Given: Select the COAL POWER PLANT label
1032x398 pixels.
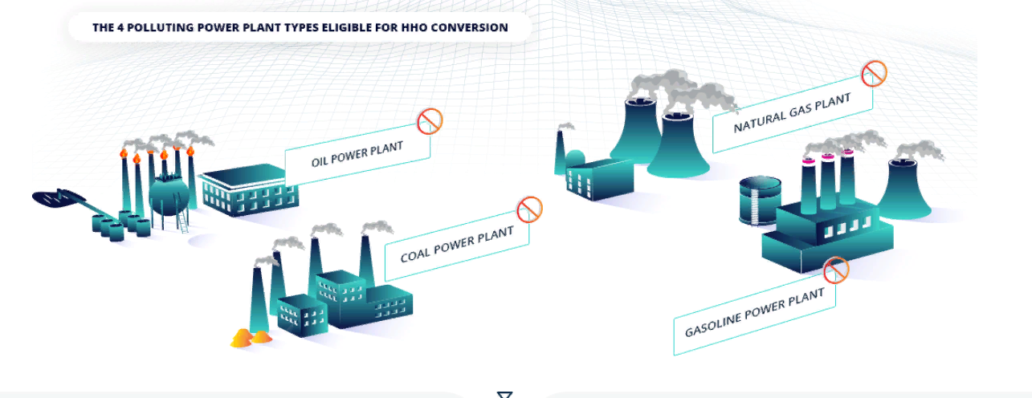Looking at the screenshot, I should [x=456, y=246].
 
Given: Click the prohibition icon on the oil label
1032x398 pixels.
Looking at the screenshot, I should [x=430, y=122].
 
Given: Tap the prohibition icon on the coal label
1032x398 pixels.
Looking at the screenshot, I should [x=529, y=209].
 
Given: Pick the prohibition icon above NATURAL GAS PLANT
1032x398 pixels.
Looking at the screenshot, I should [x=874, y=74].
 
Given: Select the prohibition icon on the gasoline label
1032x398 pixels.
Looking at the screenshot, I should [x=835, y=270].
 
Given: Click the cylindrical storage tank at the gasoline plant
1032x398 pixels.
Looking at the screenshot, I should [x=759, y=201].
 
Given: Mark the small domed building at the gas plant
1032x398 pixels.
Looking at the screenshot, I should [x=576, y=157].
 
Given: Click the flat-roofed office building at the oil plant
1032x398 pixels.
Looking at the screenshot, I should [x=247, y=193].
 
